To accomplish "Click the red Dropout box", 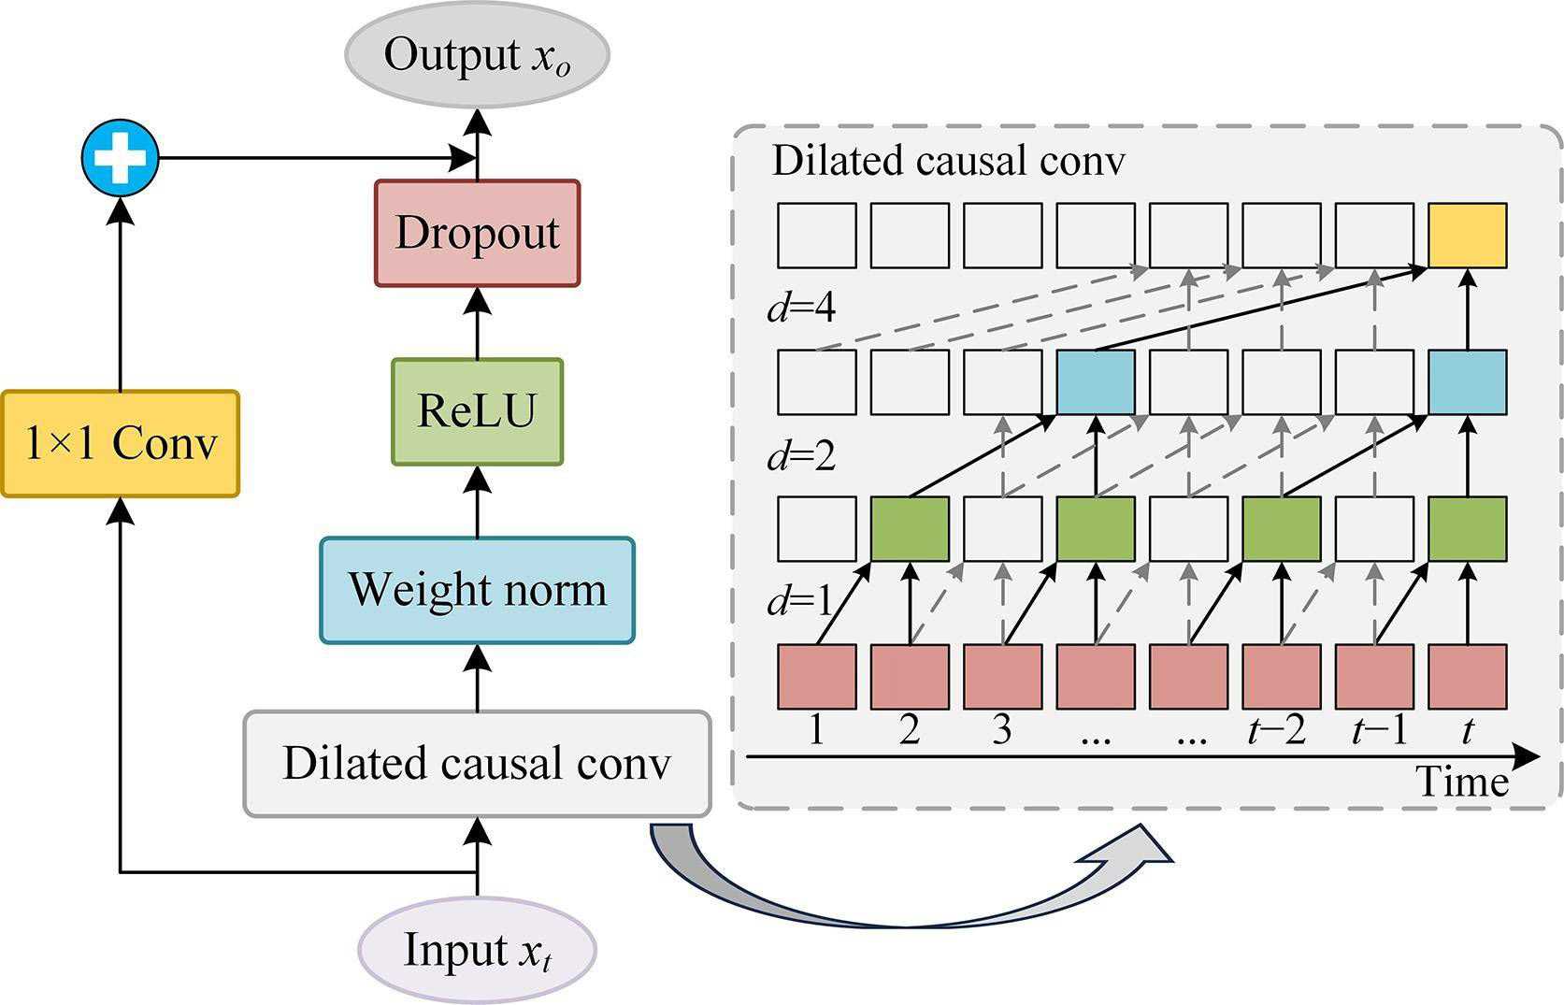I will pos(477,233).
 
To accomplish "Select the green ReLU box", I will pos(477,411).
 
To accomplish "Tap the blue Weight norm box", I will pos(477,590).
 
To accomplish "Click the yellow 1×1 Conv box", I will pos(120,444).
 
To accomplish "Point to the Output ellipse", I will pos(477,54).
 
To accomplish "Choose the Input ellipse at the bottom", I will pos(477,951).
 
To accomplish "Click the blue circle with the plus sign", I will pos(120,157).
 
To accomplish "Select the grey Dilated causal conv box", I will pos(477,764).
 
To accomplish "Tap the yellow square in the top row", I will pos(1467,236).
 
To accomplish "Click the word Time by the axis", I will pos(1461,782).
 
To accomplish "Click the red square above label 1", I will pos(816,676).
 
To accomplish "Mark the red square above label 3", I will pos(1002,676).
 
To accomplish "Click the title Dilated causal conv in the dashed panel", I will pos(949,162).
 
